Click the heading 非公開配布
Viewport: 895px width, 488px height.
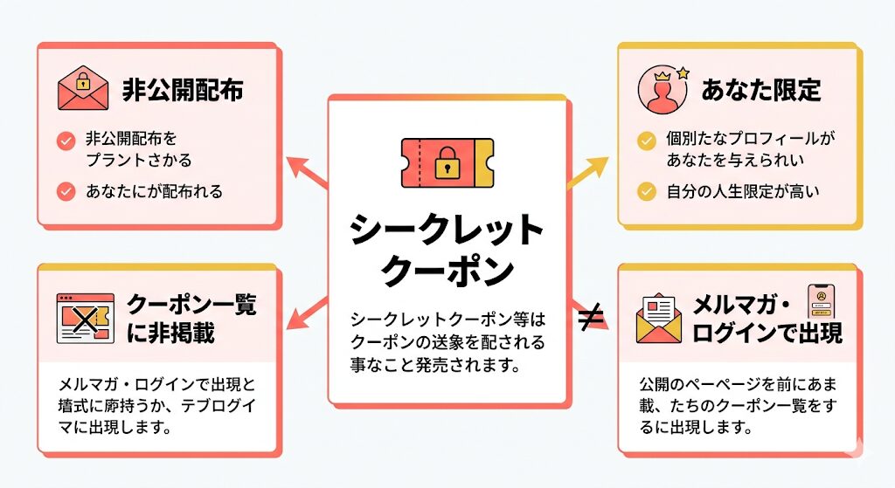(181, 90)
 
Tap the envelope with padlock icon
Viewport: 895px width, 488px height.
(82, 89)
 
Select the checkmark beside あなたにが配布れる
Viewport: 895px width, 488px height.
(65, 190)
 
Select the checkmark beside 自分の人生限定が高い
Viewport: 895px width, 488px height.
(646, 190)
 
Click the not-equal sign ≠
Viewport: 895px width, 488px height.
(591, 320)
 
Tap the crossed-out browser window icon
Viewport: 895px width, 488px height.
(84, 318)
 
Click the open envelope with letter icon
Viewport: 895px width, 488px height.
(659, 318)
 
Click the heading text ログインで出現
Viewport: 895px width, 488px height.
(767, 332)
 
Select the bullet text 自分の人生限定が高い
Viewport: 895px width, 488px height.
(742, 190)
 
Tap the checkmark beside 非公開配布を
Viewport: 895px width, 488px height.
(65, 140)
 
